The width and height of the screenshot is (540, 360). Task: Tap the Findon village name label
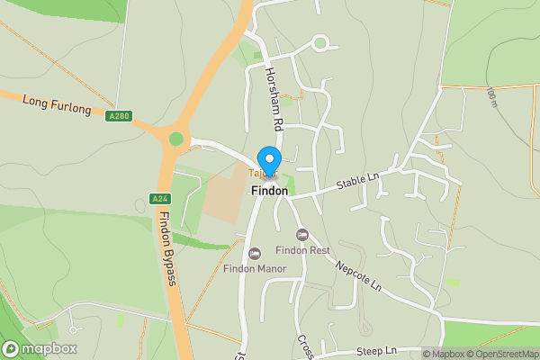point(270,191)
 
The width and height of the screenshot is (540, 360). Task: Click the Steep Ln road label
point(375,350)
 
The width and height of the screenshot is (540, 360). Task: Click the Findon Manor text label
point(256,268)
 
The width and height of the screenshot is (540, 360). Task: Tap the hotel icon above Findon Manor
point(255,253)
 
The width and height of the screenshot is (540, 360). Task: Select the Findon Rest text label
point(303,250)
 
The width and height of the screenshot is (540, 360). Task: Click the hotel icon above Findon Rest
point(302,234)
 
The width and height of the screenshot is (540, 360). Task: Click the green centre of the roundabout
point(175,139)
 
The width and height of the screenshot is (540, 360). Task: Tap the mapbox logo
point(40,348)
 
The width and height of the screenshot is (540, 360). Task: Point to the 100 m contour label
point(491,97)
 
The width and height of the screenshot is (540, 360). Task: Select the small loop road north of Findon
point(319,42)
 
